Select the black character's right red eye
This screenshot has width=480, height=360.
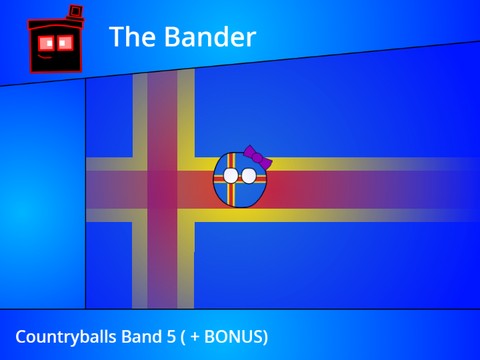coord(67,42)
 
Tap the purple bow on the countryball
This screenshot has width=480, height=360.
coord(259,160)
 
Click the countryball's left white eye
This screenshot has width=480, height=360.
coord(231,176)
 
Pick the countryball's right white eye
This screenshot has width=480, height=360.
coord(247,176)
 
